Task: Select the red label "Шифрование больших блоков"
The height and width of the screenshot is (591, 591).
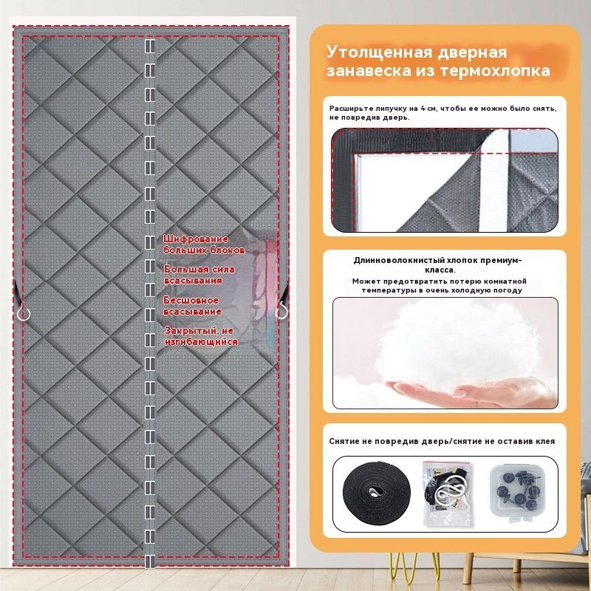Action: coord(204,245)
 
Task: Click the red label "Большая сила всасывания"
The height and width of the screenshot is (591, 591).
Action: coord(199,275)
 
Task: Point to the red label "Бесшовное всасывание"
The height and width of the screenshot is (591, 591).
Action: coord(192,306)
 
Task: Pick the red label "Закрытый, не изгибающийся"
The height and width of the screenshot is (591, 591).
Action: coord(201,336)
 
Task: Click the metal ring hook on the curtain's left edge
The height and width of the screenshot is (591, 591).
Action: coord(24,313)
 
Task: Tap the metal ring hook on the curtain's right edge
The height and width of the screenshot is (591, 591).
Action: coord(281,312)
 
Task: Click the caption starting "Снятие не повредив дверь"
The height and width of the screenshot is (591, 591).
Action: coord(442,441)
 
